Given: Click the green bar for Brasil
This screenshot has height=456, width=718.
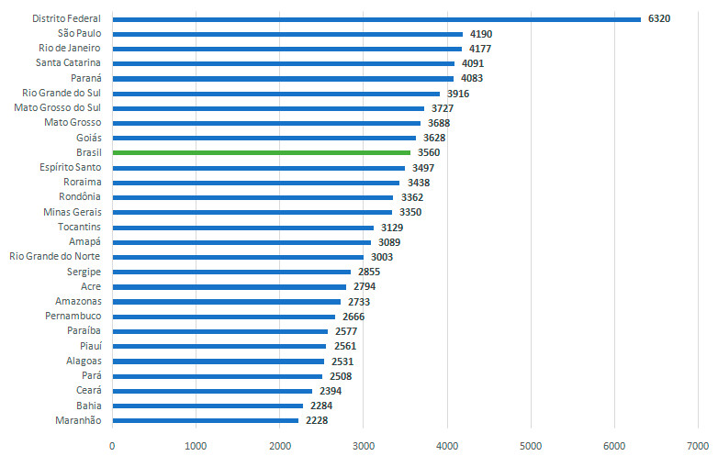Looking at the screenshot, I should (262, 152).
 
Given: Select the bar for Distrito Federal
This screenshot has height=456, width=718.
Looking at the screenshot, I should (376, 18).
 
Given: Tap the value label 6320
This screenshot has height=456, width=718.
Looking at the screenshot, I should (659, 18).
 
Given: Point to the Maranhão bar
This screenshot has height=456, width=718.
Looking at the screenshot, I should (205, 421).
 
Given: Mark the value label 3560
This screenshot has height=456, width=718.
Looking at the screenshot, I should (430, 152).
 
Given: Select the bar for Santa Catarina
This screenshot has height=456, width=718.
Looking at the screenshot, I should (283, 63).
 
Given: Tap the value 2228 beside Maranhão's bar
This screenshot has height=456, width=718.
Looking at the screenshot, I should (316, 421).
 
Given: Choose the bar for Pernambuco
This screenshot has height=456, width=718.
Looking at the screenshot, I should (223, 317).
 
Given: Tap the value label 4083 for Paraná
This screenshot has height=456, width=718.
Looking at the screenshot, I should (472, 78).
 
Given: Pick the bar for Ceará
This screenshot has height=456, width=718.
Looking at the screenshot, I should (212, 391).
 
